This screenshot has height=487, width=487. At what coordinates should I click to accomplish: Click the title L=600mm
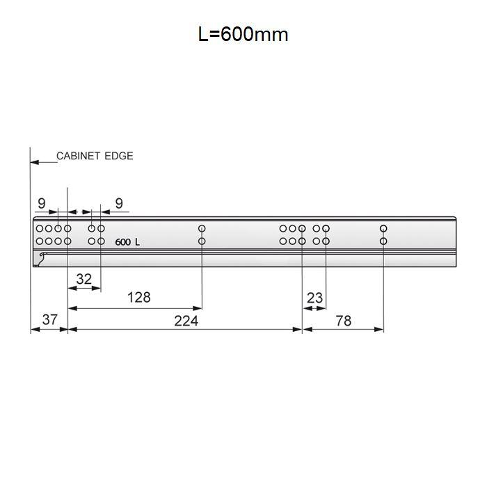click(x=243, y=34)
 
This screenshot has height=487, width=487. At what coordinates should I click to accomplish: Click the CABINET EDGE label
click(x=95, y=156)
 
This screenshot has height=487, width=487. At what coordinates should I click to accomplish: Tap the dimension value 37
click(x=49, y=319)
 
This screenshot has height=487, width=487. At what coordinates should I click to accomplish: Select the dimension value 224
click(x=186, y=320)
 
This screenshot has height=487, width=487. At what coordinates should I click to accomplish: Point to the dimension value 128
click(x=138, y=297)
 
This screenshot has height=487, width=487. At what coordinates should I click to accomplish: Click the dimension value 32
click(x=83, y=279)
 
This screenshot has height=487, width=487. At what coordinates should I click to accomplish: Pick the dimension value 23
click(x=314, y=298)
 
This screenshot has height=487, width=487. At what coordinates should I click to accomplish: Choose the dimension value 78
click(x=343, y=320)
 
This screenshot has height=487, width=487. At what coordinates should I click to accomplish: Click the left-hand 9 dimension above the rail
click(x=41, y=204)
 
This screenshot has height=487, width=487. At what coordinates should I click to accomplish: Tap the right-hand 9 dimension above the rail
click(x=119, y=204)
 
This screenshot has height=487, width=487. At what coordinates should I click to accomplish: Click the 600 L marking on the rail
click(x=127, y=242)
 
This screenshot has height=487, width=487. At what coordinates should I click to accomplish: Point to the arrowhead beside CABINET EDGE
click(x=34, y=163)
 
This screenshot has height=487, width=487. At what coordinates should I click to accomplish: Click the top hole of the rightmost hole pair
click(x=383, y=228)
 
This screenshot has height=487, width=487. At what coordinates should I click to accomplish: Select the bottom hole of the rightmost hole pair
click(x=383, y=241)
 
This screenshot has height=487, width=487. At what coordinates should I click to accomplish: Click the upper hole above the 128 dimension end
click(x=202, y=228)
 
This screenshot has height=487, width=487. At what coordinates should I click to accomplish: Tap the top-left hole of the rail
click(x=40, y=228)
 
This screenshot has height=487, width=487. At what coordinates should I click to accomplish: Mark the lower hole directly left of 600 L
click(x=101, y=241)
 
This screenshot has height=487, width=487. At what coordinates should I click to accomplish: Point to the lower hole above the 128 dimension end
click(x=202, y=241)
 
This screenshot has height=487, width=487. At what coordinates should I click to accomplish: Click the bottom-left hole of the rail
click(x=40, y=241)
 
